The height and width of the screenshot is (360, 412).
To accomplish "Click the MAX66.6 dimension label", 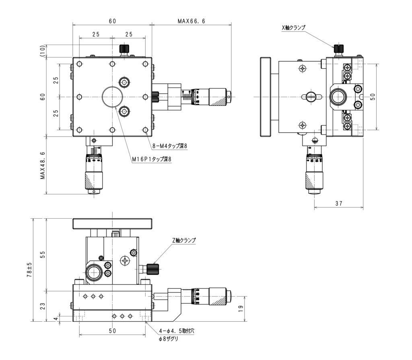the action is click(191, 21).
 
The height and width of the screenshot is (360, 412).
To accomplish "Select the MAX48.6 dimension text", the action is click(43, 166).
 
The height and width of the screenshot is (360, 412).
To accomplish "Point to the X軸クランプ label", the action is click(293, 28).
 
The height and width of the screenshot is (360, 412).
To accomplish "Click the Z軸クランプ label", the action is click(184, 240).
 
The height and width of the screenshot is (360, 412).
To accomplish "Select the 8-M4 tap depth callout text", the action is click(170, 146).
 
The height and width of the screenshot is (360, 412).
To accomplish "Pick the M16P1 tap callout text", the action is click(152, 159).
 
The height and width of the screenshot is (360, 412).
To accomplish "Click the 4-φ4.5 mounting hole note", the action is click(177, 331).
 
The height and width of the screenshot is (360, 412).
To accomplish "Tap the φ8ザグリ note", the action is click(169, 339).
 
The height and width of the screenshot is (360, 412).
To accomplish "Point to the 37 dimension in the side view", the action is click(339, 203).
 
